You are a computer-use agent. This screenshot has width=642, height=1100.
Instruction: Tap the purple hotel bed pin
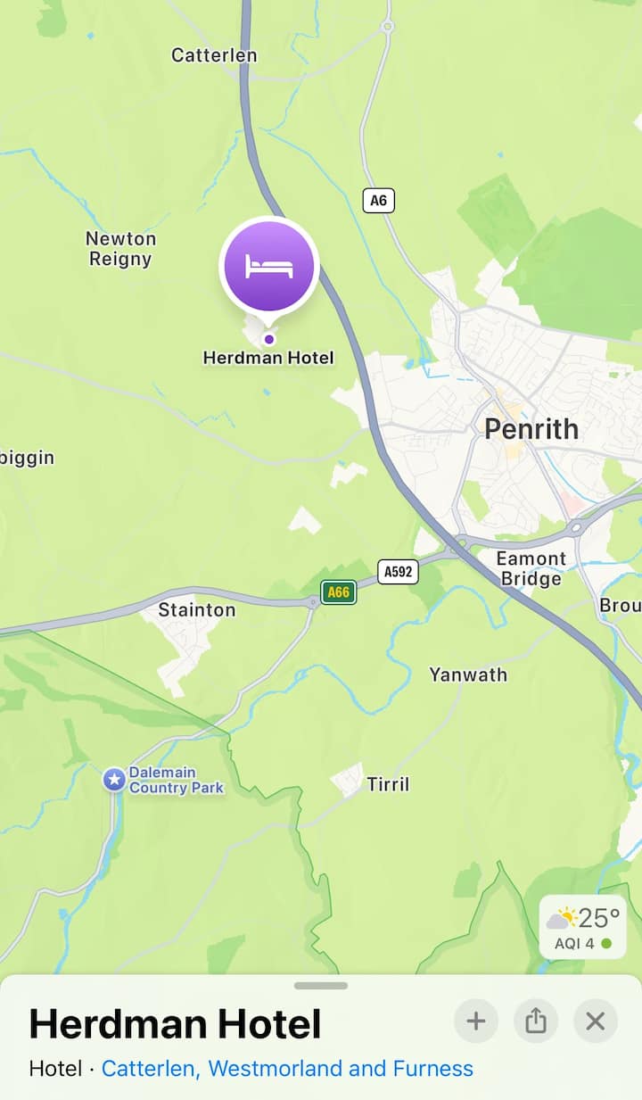pos(269,266)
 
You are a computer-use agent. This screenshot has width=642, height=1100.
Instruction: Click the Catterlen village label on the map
pos(214,55)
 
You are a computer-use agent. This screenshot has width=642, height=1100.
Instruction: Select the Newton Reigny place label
pos(120,249)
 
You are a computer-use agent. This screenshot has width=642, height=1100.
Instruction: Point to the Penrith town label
pos(531,429)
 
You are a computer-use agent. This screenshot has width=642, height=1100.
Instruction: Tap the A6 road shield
pos(379,201)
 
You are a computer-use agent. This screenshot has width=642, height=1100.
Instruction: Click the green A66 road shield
pos(339,591)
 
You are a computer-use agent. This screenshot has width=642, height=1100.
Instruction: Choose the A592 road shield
pos(398,572)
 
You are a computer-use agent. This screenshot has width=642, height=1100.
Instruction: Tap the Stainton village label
pos(196,610)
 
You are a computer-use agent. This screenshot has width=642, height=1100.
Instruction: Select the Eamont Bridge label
pos(531,568)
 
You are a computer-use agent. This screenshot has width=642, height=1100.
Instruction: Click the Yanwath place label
pos(468,674)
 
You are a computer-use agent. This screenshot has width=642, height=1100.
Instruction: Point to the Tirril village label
pos(388,784)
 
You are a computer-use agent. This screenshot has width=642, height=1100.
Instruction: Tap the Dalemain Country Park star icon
pos(114,780)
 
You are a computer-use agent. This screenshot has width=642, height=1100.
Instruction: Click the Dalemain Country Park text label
pos(176,781)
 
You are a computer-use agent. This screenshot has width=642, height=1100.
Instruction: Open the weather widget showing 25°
pos(583,927)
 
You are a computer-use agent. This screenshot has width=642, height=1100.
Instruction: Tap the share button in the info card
pos(536,1021)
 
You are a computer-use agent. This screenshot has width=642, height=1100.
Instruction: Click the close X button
pos(596,1021)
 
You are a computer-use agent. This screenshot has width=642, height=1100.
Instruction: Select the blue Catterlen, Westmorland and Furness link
pos(287,1069)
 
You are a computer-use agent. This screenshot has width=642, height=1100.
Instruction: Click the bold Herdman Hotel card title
pos(176,1024)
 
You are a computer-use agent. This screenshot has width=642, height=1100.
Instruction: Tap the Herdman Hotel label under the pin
pos(268,358)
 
